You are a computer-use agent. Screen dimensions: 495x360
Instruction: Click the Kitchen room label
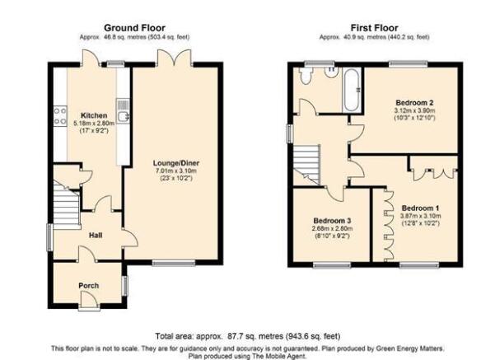tap(94, 115)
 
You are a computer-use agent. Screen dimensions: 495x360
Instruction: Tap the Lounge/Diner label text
tap(176, 163)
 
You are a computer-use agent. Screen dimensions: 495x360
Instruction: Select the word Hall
tap(96, 236)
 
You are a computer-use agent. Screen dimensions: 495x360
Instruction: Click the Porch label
tap(89, 286)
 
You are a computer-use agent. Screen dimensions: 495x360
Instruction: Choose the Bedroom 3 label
tap(332, 221)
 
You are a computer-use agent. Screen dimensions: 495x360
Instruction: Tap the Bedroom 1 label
tap(421, 208)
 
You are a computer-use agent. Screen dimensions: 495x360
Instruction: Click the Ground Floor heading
tap(134, 28)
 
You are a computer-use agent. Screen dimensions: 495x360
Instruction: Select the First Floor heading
tap(375, 28)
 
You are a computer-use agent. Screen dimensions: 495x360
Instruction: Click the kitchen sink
tap(123, 111)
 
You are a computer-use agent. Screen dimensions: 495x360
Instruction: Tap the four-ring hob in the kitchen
tap(60, 116)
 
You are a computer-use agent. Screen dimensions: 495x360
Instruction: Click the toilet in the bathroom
tap(306, 76)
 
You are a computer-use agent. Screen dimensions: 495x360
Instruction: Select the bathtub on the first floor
tap(351, 90)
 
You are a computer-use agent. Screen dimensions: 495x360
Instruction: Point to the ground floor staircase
tap(66, 204)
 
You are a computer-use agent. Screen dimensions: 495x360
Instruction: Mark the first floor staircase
tap(306, 164)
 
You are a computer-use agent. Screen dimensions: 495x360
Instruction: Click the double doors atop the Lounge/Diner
tap(175, 58)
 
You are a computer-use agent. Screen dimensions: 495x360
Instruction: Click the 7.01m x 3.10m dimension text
tap(176, 171)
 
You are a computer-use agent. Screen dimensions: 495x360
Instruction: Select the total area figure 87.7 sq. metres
tap(255, 336)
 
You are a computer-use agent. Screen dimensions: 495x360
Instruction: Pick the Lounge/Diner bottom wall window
tap(173, 263)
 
